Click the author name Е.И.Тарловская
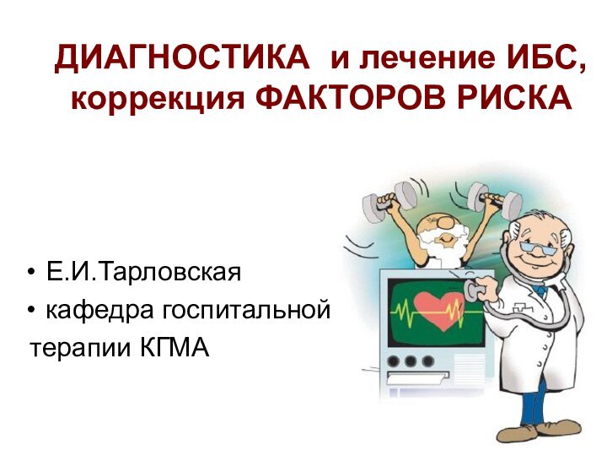(x=143, y=273)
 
